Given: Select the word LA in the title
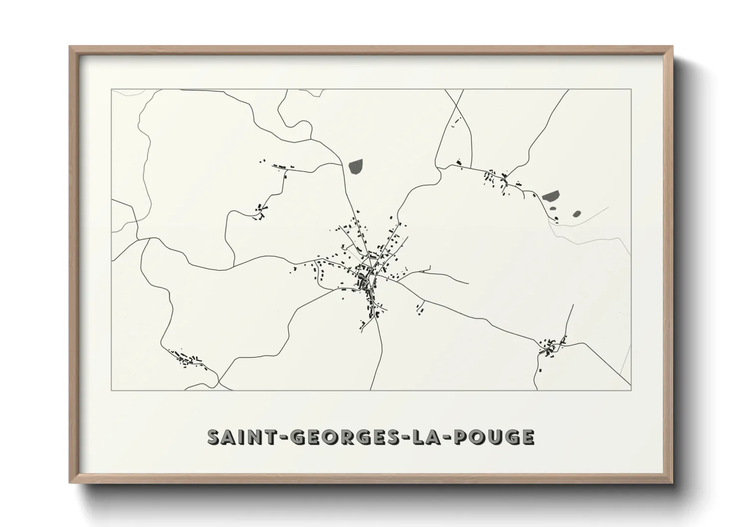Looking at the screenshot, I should click(x=424, y=437).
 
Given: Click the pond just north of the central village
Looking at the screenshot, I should click(x=356, y=166).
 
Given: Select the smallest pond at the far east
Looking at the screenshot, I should click(x=576, y=214).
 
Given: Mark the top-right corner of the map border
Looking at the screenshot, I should click(x=631, y=89).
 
